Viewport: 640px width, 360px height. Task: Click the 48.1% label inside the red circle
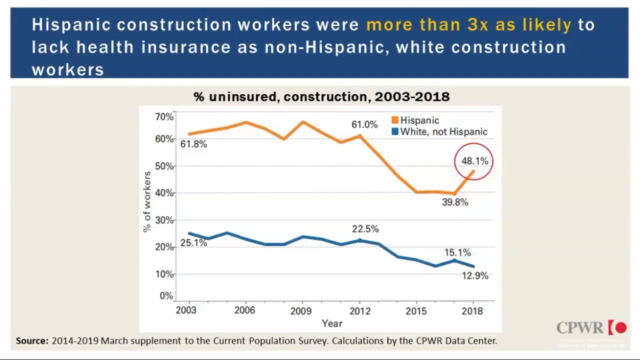(x=474, y=161)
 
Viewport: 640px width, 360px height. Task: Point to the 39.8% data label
(x=455, y=202)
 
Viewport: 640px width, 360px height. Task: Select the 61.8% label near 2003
(x=193, y=144)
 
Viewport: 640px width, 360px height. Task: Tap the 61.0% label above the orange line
(x=364, y=124)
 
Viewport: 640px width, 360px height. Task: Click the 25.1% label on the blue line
(x=193, y=243)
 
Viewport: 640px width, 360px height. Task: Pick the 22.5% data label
(x=365, y=229)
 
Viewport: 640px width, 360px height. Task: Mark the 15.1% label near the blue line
(x=457, y=253)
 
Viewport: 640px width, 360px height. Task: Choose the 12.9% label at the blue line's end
(x=474, y=275)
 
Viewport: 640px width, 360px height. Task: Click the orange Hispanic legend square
(x=395, y=120)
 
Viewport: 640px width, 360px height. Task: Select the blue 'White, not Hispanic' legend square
(x=395, y=132)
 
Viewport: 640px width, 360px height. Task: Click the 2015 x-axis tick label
(x=416, y=311)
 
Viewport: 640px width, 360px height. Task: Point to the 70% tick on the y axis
(x=164, y=117)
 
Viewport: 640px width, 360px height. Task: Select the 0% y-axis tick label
(x=166, y=296)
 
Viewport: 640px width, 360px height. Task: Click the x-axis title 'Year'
(x=332, y=323)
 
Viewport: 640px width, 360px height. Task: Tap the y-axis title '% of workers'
(x=147, y=201)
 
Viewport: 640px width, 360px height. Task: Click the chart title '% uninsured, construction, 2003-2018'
(x=321, y=96)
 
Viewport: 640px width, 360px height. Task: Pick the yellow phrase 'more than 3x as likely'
(x=468, y=25)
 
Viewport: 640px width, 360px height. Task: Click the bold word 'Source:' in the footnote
(x=32, y=341)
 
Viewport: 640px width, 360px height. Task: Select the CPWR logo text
(x=580, y=328)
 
